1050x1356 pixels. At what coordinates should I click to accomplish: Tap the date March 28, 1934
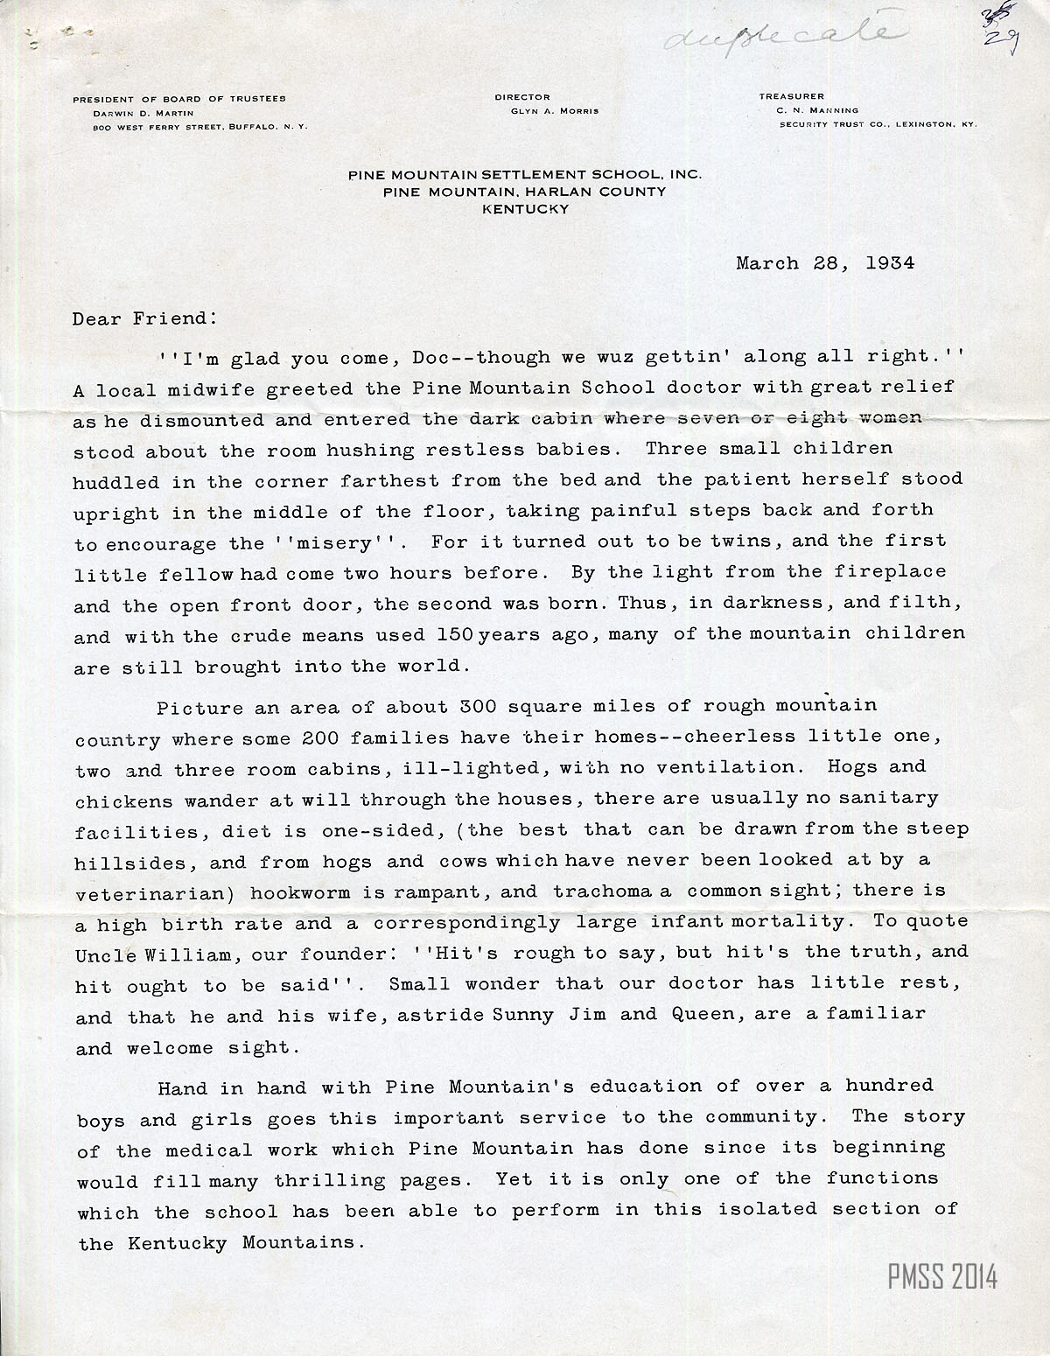pyautogui.click(x=825, y=263)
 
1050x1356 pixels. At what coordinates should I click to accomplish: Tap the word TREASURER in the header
pyautogui.click(x=792, y=97)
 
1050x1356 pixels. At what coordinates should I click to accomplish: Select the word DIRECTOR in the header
pyautogui.click(x=522, y=97)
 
